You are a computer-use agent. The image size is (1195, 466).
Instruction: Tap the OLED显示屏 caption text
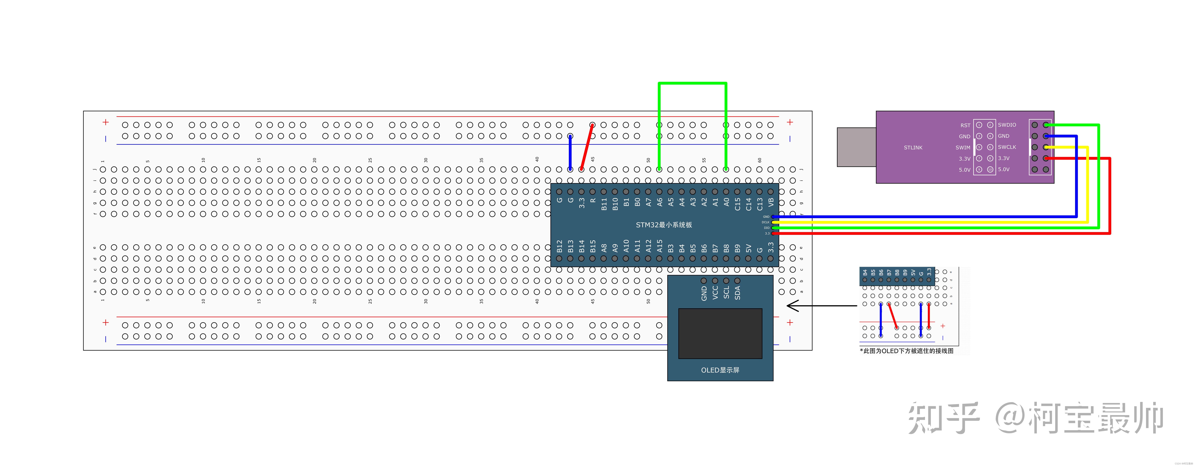[720, 370]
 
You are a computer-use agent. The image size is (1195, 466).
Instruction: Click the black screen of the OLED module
[720, 333]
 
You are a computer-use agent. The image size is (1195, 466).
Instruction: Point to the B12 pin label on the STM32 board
[560, 246]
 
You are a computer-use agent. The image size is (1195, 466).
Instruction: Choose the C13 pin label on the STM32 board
[759, 203]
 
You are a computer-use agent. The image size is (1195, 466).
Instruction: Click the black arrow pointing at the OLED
[821, 305]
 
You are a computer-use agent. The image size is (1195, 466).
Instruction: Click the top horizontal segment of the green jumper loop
[692, 84]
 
